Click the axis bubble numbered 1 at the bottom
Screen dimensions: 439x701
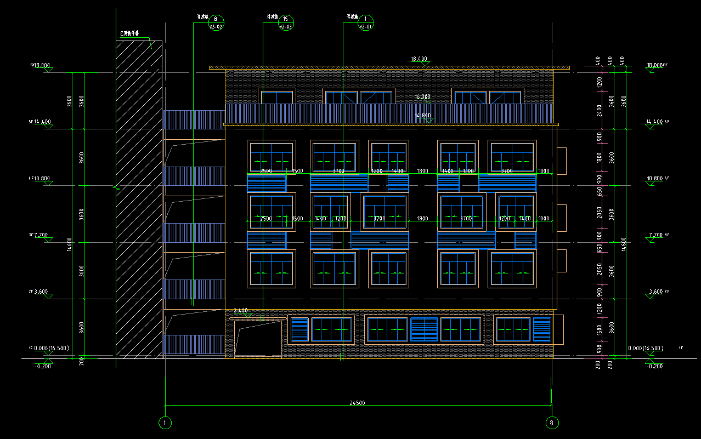click(x=165, y=423)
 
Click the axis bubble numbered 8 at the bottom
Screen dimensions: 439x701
click(x=552, y=423)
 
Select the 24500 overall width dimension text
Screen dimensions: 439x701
click(x=357, y=403)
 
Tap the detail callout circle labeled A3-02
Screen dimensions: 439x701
click(x=216, y=23)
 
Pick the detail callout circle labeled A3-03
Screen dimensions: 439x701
click(x=286, y=23)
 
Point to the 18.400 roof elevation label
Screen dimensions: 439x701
click(x=419, y=59)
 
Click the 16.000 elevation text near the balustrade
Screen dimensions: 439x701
click(x=422, y=96)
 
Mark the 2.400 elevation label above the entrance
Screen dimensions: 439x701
click(x=240, y=310)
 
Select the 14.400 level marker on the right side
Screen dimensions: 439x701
click(x=654, y=122)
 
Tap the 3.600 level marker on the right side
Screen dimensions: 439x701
click(x=654, y=292)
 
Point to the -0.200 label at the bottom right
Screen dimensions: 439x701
click(x=655, y=366)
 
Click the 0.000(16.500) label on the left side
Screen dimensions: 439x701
click(x=51, y=348)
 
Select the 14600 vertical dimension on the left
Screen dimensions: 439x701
click(x=69, y=244)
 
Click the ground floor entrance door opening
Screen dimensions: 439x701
click(x=258, y=340)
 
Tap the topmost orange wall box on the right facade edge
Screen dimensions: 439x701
click(x=561, y=161)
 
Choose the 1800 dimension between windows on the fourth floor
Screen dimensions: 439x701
click(x=422, y=171)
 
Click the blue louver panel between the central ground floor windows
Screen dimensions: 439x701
click(x=424, y=329)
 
